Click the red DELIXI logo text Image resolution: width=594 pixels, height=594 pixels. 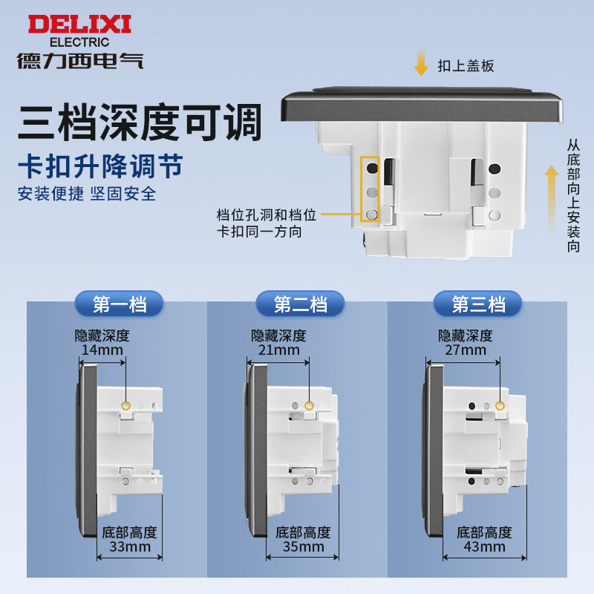point(79,25)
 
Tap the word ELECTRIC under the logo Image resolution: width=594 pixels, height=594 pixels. point(79,42)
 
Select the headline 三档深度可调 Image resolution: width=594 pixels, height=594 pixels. point(140,122)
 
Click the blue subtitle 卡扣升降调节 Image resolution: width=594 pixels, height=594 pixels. point(101,166)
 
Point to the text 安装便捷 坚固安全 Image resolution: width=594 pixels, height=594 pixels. point(87,194)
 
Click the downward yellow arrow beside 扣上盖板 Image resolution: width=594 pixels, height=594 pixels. point(421,63)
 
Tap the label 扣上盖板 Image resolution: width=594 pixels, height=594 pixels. point(466,66)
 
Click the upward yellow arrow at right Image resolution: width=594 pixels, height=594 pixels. point(552,200)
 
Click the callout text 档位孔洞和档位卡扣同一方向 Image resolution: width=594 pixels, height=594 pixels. point(267,223)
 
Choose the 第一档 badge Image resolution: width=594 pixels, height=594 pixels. point(120,304)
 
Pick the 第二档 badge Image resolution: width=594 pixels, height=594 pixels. point(301,304)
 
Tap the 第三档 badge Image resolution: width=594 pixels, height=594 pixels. point(478,304)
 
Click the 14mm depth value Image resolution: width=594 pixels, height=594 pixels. point(102,350)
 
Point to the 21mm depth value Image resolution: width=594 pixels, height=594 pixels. point(279,350)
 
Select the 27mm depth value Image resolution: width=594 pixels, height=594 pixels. point(466,350)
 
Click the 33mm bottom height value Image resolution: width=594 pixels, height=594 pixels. point(130,546)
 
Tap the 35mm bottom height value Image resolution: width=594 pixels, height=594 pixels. point(304,546)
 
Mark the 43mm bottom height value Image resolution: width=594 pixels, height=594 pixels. point(485,546)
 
